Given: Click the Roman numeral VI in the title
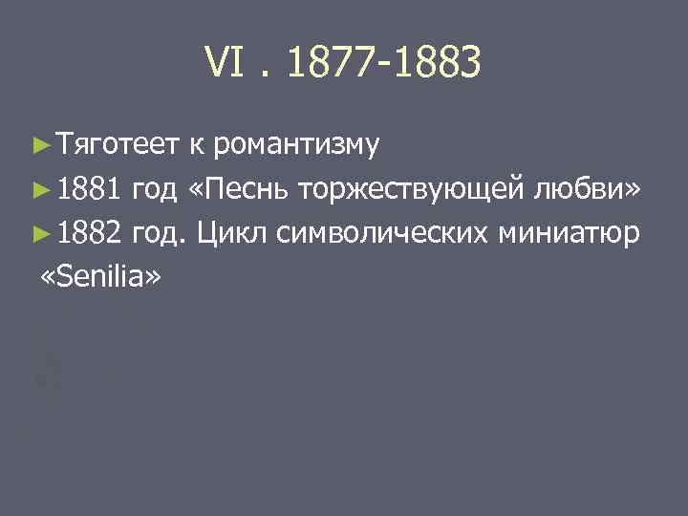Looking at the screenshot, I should coord(222,64).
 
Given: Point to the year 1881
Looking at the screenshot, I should coord(88,190).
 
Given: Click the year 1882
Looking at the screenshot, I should coord(88,234).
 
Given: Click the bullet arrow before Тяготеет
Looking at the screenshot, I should coord(39,146).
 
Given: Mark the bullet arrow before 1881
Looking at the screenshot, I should coord(39,191).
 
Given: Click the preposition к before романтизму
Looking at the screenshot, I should coord(195,145).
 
